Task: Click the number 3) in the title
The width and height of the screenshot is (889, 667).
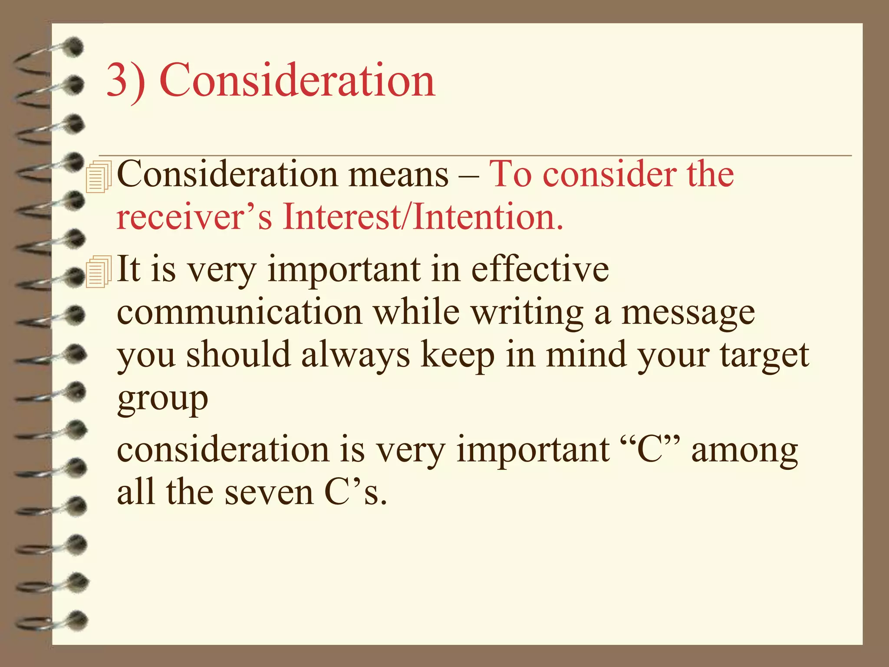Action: click(126, 81)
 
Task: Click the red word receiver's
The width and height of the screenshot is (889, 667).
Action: click(194, 217)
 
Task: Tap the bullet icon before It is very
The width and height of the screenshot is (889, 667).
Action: click(99, 271)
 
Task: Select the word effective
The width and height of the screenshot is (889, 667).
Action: click(540, 269)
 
